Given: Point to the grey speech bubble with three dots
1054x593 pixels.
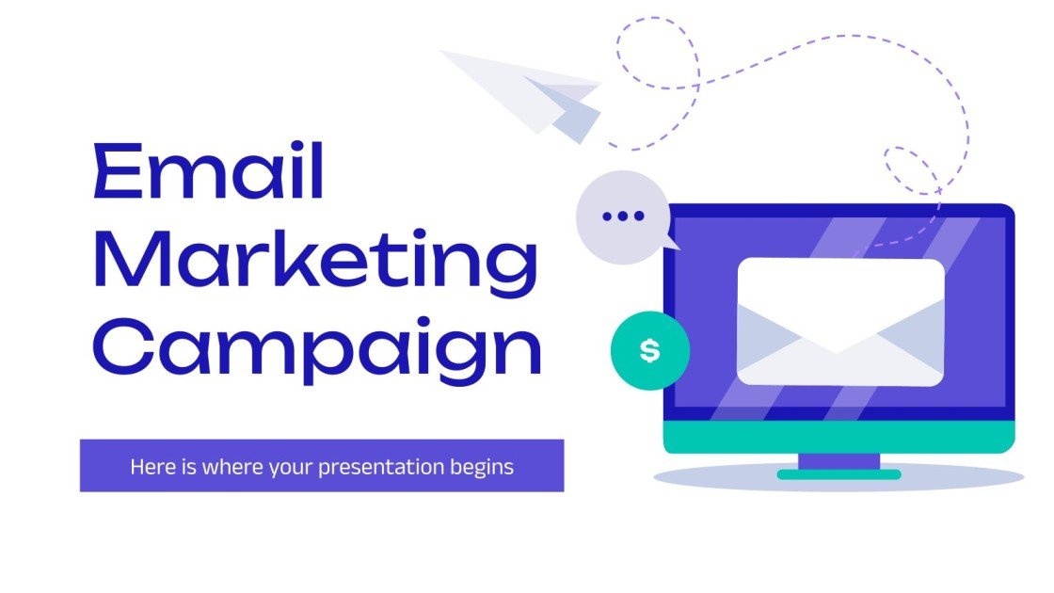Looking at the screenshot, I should pos(621,216).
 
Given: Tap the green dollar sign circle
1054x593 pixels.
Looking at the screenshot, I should pos(649,351).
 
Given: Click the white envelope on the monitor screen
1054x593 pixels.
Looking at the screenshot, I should pos(839,322).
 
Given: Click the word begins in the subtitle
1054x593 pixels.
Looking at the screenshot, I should pos(482,466).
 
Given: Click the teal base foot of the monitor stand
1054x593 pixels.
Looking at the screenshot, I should pos(838,474).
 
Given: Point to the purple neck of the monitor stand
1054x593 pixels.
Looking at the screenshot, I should pos(838,461).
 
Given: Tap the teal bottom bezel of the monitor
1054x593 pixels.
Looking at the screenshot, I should pos(838,437).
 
